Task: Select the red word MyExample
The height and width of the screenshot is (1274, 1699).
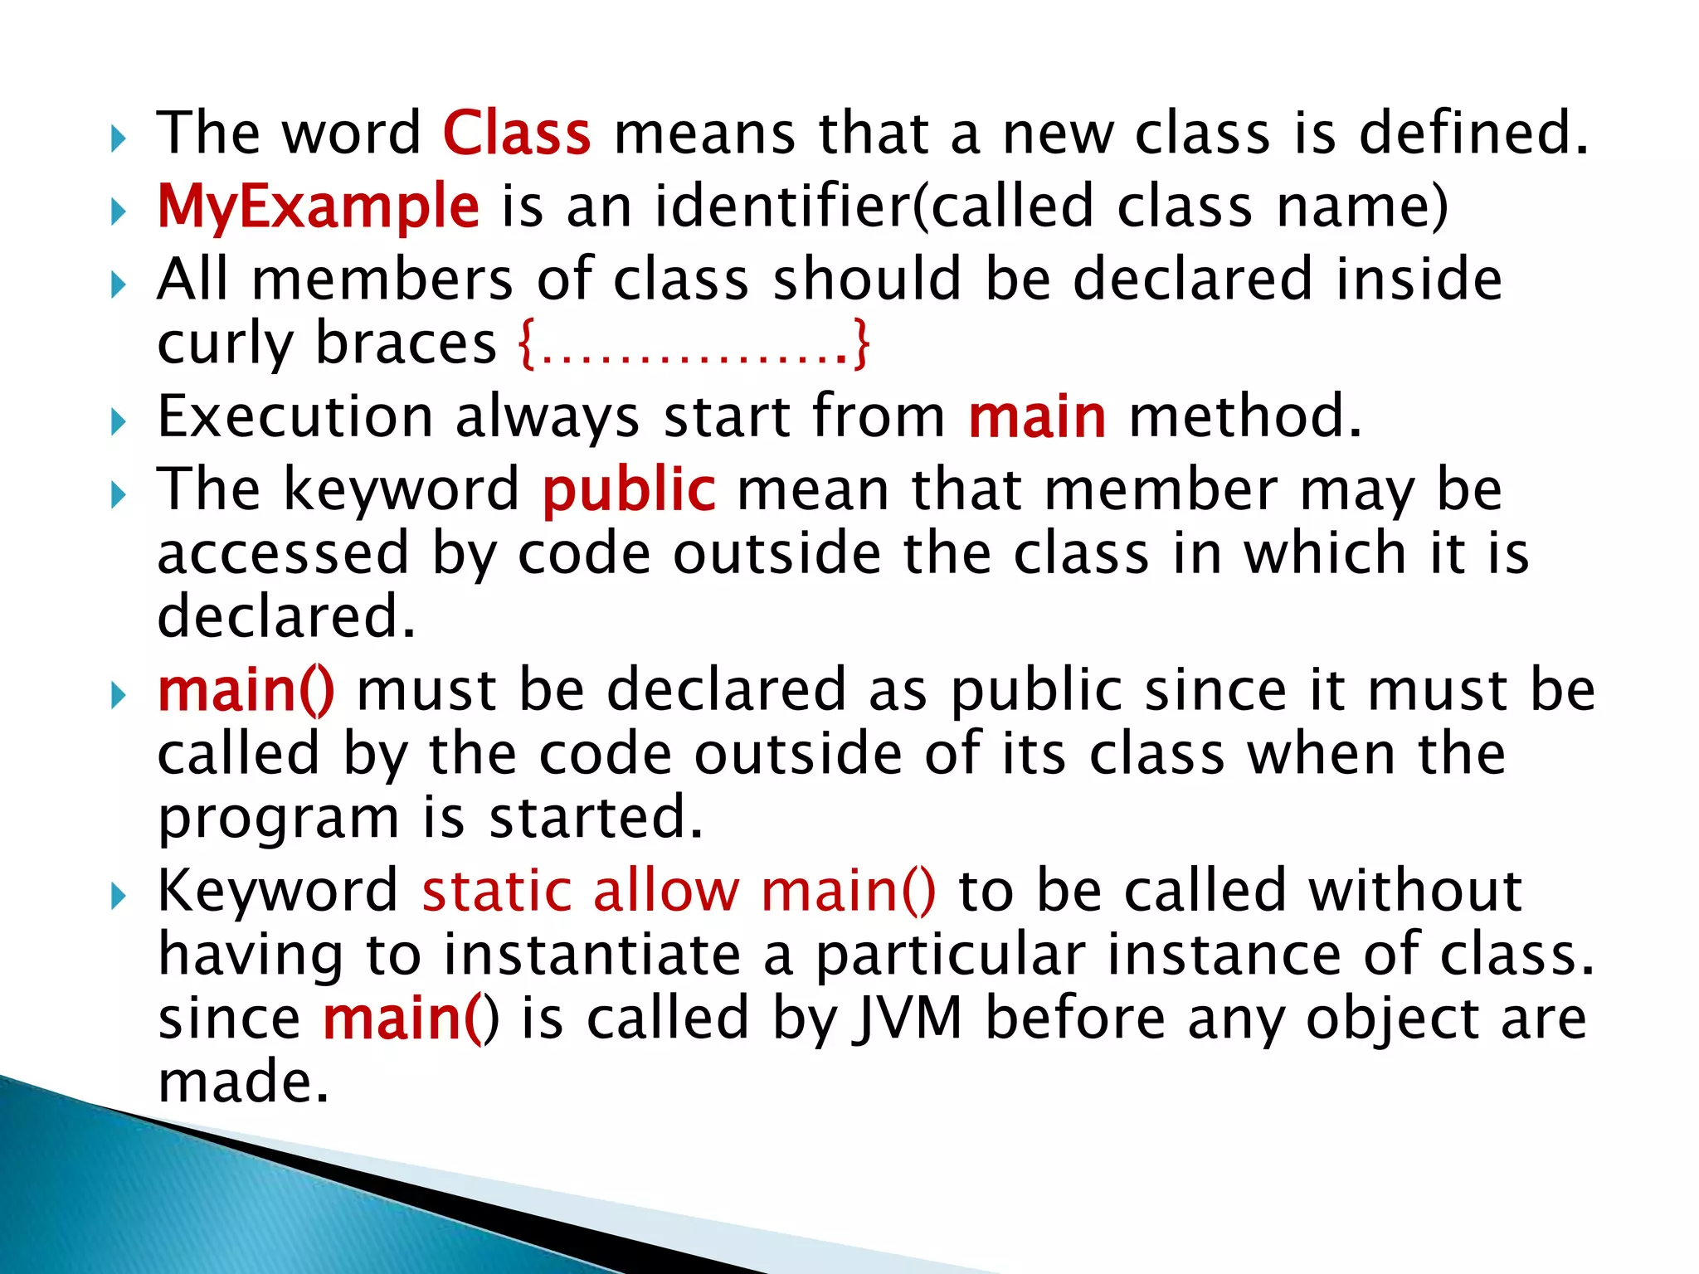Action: point(319,207)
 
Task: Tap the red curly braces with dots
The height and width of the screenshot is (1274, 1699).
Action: point(694,345)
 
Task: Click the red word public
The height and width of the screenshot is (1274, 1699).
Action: point(629,490)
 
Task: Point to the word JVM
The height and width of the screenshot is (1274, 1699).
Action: point(909,1018)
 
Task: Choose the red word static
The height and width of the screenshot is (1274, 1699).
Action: point(497,891)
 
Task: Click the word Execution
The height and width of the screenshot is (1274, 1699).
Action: point(295,416)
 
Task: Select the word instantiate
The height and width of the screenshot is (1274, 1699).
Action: point(591,955)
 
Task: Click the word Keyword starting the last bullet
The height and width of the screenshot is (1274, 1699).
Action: point(279,891)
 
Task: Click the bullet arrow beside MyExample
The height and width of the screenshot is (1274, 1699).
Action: point(119,212)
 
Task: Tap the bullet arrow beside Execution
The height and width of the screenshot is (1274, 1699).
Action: point(119,422)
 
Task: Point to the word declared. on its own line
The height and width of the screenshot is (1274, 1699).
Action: point(286,617)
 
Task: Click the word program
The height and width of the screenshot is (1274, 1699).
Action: point(279,819)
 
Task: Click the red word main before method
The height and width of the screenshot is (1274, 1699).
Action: point(1037,416)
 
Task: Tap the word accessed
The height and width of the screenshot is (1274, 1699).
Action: point(283,553)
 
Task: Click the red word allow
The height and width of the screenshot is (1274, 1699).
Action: point(665,891)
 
